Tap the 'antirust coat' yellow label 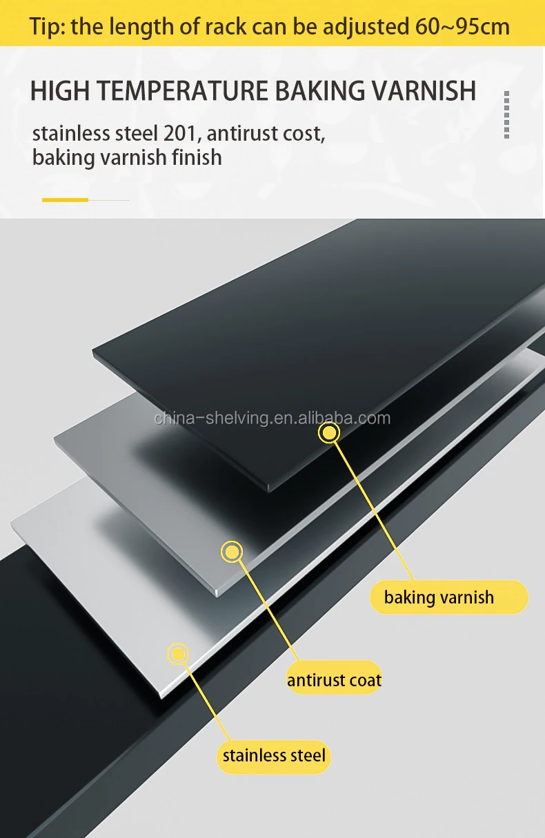coord(335,681)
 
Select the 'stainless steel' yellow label coord(274,755)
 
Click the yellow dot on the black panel coord(329,433)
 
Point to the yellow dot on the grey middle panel coord(232,551)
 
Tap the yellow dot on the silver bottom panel coord(179,653)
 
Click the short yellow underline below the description coord(66,200)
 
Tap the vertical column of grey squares coord(507,114)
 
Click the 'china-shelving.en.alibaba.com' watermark coord(272,418)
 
